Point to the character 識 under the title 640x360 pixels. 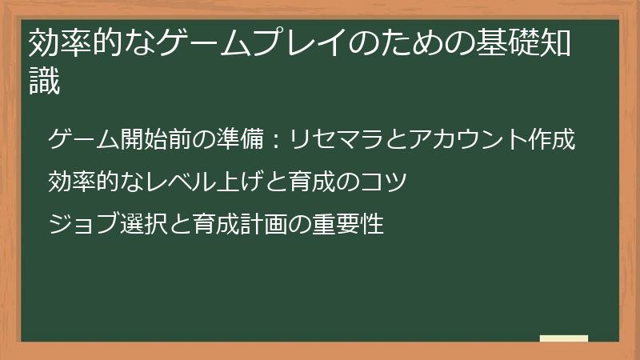[44, 82]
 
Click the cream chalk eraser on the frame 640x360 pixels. [563, 338]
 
